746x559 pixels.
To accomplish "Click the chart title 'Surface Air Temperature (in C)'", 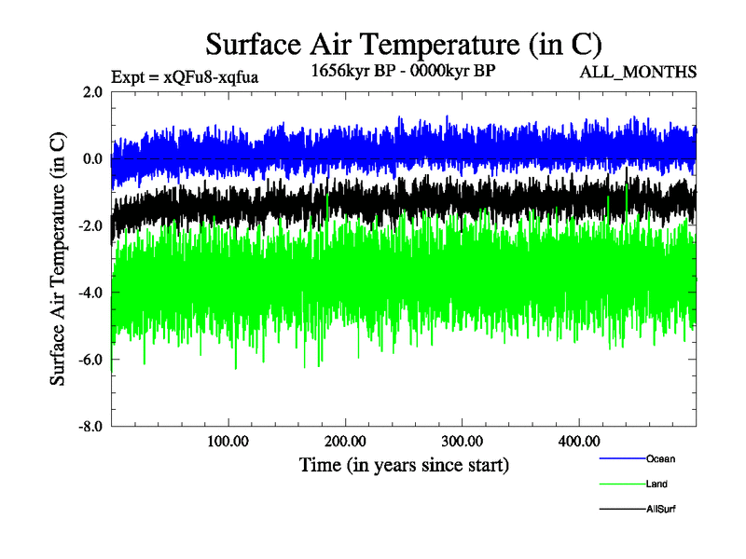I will click(403, 44).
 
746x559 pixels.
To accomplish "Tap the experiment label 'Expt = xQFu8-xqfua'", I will click(184, 76).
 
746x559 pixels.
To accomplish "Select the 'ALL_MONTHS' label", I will click(638, 72).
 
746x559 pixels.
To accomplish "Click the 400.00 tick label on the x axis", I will click(578, 442).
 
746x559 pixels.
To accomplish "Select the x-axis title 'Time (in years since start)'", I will click(404, 464).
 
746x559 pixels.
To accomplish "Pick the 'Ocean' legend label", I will click(660, 458).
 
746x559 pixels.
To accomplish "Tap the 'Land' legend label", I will click(656, 484).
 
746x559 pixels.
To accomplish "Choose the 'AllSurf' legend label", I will click(660, 510).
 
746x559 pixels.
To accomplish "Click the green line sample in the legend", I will click(621, 484).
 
